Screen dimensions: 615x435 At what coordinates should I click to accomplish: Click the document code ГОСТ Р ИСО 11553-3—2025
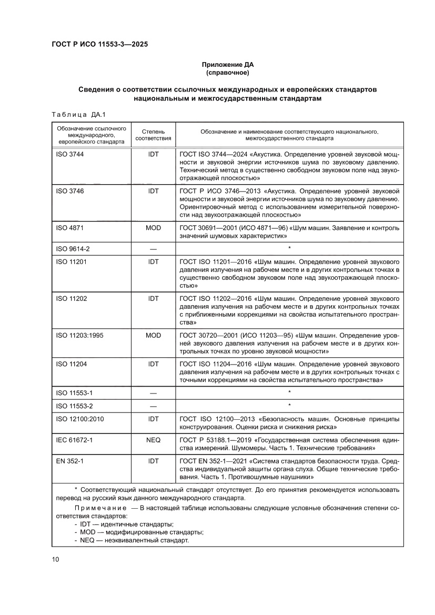[x=99, y=45]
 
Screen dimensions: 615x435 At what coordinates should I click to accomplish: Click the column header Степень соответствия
[x=153, y=135]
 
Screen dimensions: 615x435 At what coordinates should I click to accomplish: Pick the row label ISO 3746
[x=69, y=191]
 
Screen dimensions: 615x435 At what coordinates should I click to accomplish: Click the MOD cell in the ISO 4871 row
[x=153, y=228]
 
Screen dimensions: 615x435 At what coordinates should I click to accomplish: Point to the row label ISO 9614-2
[x=72, y=248]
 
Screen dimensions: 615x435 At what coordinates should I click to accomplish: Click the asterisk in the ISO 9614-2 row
[x=289, y=248]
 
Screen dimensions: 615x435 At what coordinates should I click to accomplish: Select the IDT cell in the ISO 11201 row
[x=153, y=261]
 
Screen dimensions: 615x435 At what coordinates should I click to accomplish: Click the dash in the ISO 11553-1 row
[x=153, y=392]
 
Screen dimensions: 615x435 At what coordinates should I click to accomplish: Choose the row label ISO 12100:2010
[x=78, y=419]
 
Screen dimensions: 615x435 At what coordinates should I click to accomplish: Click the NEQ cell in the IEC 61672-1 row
[x=153, y=439]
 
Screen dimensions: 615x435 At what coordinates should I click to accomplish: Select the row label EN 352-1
[x=68, y=460]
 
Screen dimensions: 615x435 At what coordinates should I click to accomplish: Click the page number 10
[x=55, y=559]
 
